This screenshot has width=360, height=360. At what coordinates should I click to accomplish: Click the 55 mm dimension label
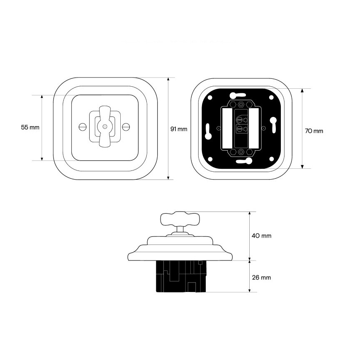30,127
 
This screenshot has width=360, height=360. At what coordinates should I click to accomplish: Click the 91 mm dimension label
179,129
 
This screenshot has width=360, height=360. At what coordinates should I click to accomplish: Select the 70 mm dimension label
314,131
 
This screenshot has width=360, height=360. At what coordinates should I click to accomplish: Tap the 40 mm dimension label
262,236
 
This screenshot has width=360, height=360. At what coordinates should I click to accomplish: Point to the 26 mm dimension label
262,277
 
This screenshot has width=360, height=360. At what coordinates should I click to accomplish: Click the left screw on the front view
82,126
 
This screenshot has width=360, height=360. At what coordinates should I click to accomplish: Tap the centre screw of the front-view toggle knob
105,126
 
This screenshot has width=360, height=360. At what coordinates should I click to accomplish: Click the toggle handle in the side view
180,219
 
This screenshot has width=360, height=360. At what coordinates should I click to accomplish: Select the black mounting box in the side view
181,276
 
